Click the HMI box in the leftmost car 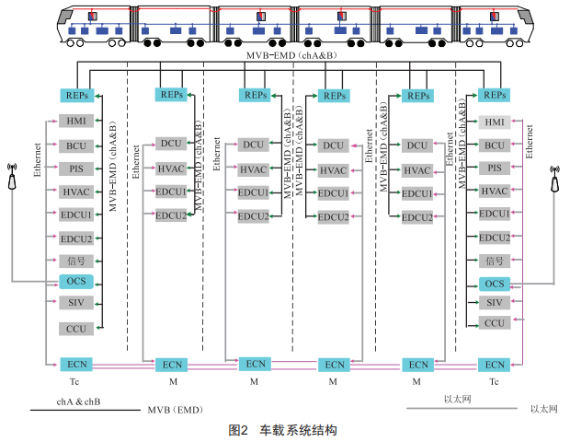pos(75,122)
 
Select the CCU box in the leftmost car pos(75,328)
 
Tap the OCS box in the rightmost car pos(495,283)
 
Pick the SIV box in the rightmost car pos(495,303)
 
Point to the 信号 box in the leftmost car pos(75,261)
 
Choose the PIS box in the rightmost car pos(495,168)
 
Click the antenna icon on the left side pos(12,176)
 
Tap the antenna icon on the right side pos(555,178)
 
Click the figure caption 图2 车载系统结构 pos(283,429)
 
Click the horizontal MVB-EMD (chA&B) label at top pos(285,56)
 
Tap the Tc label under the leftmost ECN pos(74,380)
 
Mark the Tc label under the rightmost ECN pos(494,380)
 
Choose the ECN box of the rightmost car pos(495,365)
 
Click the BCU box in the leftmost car pos(75,145)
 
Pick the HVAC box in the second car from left pos(170,168)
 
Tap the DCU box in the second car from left pos(170,143)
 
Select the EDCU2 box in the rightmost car pos(495,237)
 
